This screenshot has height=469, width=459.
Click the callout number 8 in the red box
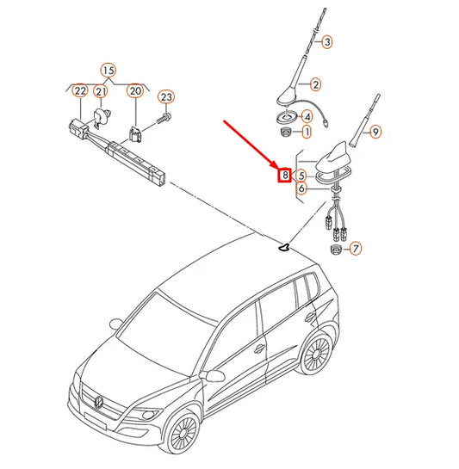(x=284, y=175)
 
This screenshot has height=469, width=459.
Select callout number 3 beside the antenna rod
(x=327, y=42)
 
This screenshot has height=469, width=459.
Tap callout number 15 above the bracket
(x=109, y=71)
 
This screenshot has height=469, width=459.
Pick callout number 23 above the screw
(x=166, y=97)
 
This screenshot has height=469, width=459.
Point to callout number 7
(x=356, y=249)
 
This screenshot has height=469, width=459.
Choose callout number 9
(x=375, y=132)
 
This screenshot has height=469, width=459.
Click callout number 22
(x=80, y=90)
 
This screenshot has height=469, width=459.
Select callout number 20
(x=135, y=90)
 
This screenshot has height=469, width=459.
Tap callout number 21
(x=101, y=91)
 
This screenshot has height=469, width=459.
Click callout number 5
(x=301, y=176)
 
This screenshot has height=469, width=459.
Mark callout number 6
(x=301, y=188)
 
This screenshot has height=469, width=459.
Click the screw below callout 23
(x=164, y=118)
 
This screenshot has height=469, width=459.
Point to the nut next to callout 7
(x=336, y=250)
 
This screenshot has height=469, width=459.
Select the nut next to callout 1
(x=287, y=132)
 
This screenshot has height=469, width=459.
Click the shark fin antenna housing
(x=333, y=157)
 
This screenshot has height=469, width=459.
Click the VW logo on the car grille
(x=98, y=401)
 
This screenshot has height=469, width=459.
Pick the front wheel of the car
(x=183, y=433)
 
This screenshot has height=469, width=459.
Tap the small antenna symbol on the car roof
(x=283, y=247)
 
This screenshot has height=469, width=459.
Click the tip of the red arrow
(x=278, y=168)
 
